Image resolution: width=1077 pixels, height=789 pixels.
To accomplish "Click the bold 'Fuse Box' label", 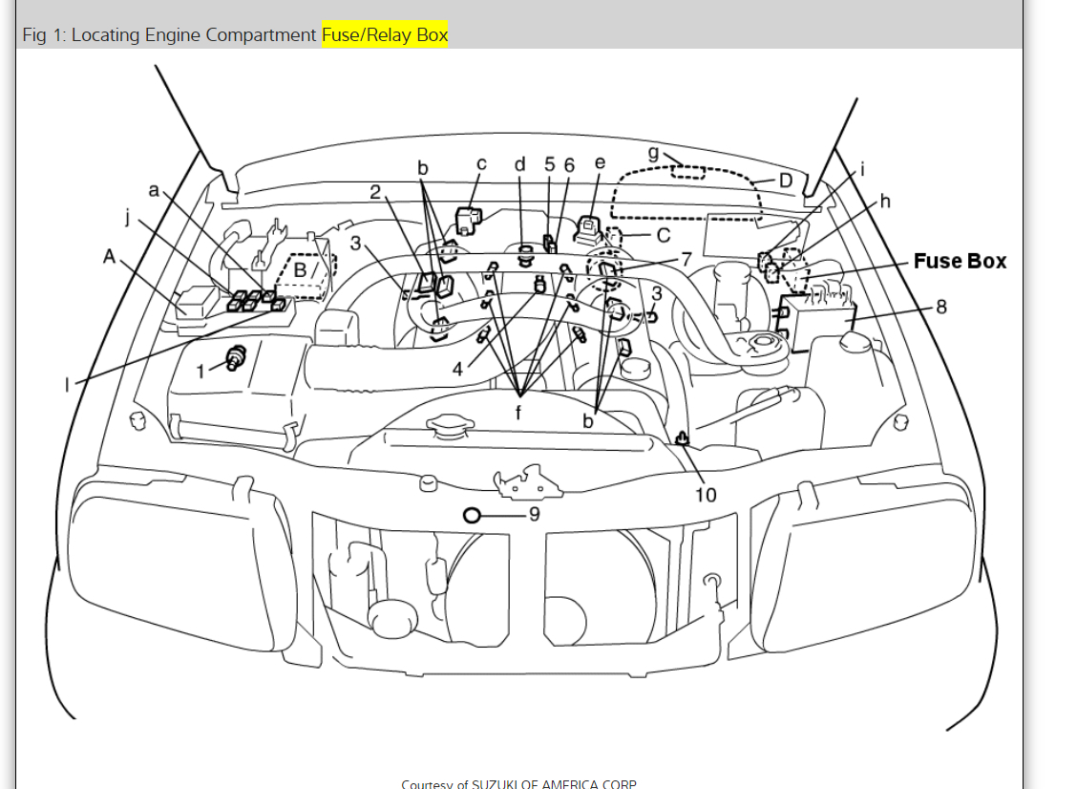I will (x=960, y=261).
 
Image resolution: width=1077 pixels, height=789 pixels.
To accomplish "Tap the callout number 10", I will (x=705, y=494).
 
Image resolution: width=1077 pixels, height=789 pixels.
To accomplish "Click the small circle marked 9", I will (x=471, y=515).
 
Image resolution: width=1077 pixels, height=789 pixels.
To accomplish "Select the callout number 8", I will (x=941, y=307).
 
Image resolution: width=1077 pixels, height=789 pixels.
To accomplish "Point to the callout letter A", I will (x=110, y=256).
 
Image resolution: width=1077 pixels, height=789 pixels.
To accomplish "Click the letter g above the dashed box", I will (x=653, y=153).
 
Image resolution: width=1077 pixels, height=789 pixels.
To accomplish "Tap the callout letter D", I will (x=786, y=181).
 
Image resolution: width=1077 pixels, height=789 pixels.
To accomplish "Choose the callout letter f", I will (x=519, y=414).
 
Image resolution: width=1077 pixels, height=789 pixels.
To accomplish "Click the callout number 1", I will (x=201, y=372).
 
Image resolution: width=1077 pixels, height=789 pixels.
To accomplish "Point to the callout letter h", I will (x=885, y=201).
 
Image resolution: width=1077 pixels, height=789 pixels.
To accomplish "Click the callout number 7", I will (x=685, y=260).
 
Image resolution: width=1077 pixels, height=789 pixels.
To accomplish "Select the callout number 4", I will (x=458, y=370).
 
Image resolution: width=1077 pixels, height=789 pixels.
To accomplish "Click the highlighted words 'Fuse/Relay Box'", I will (x=385, y=35).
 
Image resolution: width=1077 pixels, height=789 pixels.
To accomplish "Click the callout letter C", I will (x=664, y=234).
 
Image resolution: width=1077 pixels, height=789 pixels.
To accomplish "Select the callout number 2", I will (x=376, y=192).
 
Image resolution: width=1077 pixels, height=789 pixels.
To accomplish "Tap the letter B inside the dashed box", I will (x=301, y=270).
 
